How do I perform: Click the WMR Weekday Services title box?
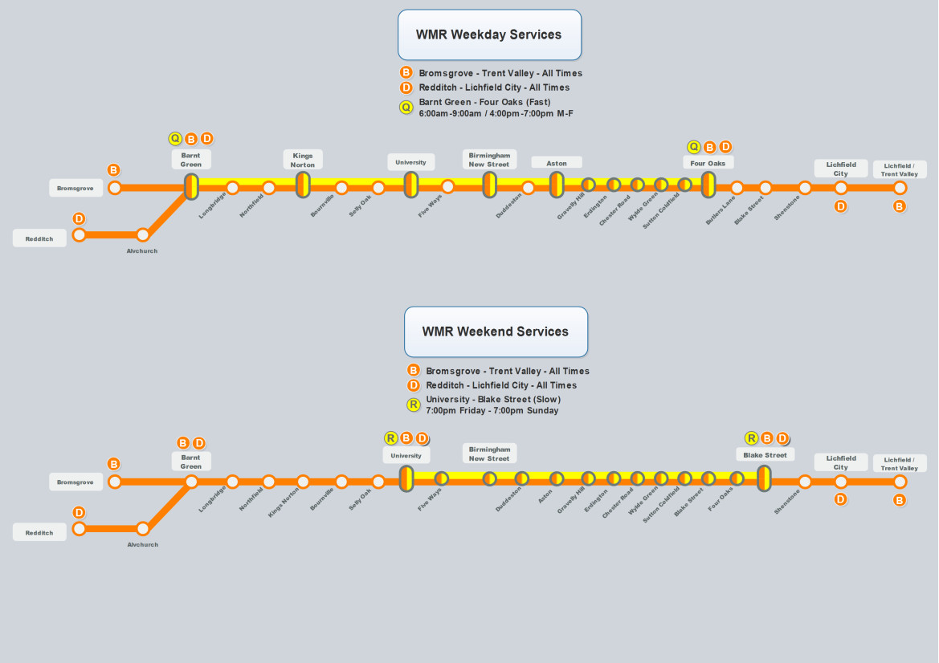489,35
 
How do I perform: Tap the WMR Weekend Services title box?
496,331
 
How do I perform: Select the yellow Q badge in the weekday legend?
406,108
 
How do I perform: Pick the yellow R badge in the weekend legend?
414,405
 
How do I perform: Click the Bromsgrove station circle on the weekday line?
115,188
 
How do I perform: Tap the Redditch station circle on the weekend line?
79,529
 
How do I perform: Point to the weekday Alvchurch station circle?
143,235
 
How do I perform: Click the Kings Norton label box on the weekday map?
303,160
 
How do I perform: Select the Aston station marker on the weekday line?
557,185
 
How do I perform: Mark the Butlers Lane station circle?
737,188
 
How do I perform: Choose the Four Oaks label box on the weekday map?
708,163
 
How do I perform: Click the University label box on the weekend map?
406,456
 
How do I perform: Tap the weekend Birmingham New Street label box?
489,454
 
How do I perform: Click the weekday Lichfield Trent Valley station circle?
900,188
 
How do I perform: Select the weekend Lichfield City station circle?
841,482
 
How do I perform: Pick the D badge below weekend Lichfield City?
841,499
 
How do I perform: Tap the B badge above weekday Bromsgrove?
114,170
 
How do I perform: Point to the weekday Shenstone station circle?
805,188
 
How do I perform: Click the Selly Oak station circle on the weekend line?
378,482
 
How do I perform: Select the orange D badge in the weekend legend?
414,385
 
